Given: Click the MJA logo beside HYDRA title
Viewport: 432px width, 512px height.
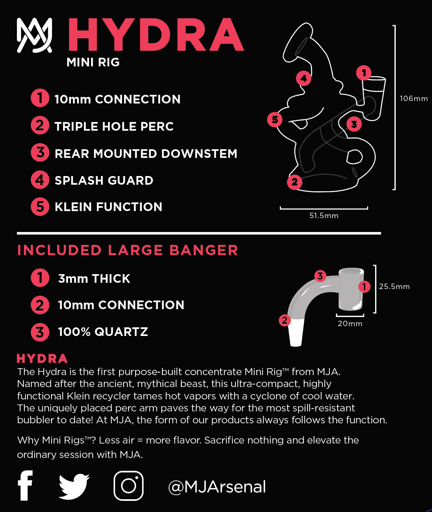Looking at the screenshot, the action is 34,35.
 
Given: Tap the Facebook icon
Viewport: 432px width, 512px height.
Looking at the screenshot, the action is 25,485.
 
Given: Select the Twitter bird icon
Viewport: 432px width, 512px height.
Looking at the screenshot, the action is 74,486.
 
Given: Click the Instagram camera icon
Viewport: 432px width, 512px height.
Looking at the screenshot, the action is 129,486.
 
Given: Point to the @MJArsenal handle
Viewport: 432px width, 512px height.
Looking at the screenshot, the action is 217,487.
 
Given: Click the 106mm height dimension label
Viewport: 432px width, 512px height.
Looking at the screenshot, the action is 413,99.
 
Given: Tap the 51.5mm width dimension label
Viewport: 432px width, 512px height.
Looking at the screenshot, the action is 324,216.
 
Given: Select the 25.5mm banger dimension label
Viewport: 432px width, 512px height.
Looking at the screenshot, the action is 394,287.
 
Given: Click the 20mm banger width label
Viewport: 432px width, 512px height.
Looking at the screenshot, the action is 350,324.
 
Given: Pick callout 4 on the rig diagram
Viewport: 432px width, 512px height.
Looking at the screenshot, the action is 303,78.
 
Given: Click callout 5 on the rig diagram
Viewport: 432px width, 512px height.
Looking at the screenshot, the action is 275,120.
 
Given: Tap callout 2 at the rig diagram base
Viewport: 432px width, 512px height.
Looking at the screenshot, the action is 294,182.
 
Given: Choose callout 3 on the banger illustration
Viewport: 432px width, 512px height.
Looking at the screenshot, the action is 320,276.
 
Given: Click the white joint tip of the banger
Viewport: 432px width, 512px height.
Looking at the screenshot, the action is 296,334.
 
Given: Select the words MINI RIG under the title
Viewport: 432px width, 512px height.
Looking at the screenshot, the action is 93,62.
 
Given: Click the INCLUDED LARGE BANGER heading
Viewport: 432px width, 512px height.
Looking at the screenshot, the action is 127,250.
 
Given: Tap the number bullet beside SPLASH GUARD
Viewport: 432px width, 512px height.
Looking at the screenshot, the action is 40,180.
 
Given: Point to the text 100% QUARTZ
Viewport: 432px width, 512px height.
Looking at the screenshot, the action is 103,332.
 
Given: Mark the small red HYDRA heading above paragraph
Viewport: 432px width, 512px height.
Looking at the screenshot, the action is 42,359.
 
